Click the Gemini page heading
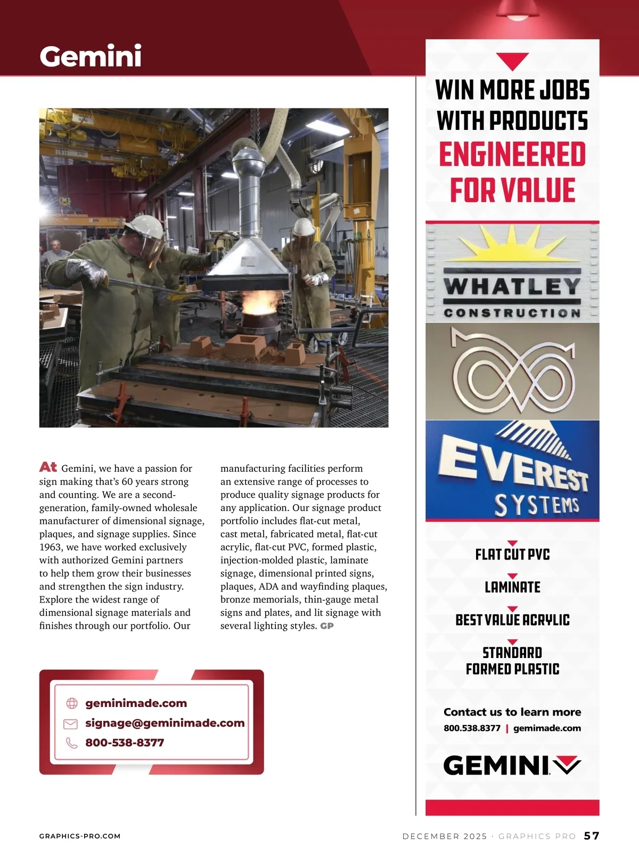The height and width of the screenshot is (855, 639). (x=91, y=56)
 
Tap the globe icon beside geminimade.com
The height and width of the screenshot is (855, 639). (x=72, y=703)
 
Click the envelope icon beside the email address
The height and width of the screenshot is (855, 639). (x=71, y=724)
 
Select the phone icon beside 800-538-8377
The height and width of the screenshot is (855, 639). (x=71, y=743)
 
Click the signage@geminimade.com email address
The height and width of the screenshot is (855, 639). (x=165, y=723)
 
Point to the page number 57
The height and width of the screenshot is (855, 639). (x=592, y=836)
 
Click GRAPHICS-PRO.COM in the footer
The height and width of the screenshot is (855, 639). (x=80, y=836)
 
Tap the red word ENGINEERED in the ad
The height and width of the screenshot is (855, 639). (x=512, y=154)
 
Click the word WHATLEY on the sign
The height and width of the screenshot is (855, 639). (x=512, y=287)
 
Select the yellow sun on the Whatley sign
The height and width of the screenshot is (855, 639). (x=511, y=248)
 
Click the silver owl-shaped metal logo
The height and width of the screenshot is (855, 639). (x=512, y=372)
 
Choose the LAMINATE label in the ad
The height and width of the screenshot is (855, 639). (x=512, y=587)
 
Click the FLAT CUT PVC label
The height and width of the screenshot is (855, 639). (x=512, y=554)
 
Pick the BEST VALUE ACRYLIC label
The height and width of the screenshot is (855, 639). (x=512, y=620)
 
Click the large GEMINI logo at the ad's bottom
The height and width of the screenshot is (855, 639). (x=511, y=766)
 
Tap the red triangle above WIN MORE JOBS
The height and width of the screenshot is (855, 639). (x=512, y=61)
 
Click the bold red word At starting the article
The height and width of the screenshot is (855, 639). (x=48, y=467)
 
